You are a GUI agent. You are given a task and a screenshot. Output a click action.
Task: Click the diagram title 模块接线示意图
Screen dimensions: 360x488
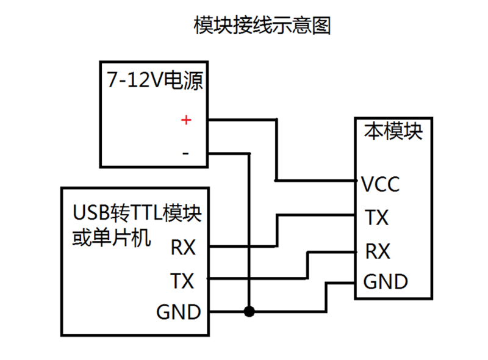[x=262, y=26]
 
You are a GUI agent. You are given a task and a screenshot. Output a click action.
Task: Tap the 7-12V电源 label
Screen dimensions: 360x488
[x=154, y=81]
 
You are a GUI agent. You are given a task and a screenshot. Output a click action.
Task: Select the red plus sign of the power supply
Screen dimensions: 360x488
[x=186, y=120]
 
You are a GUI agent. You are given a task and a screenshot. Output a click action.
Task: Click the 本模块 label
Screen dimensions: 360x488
[x=393, y=131]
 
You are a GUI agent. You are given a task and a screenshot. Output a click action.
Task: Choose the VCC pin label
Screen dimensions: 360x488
[x=381, y=184]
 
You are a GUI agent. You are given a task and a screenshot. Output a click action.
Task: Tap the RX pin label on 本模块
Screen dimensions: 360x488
[x=378, y=251]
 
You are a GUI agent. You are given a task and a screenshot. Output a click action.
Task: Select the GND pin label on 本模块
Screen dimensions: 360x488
[x=386, y=282]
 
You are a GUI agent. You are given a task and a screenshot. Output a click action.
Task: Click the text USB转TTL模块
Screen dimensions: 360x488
[x=137, y=214]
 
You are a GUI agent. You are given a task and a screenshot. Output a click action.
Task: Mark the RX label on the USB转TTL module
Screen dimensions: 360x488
[x=183, y=248]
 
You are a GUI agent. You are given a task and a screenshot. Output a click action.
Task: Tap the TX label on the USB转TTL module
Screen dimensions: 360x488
[x=182, y=281]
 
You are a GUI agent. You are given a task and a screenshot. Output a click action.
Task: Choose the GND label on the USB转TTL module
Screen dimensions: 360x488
[x=178, y=312]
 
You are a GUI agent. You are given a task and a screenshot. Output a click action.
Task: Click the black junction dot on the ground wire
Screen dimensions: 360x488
[x=249, y=312]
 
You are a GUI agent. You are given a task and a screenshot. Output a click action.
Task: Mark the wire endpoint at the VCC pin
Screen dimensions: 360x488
[x=356, y=181]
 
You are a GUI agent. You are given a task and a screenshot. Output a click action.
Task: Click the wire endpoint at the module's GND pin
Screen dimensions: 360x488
[x=356, y=283]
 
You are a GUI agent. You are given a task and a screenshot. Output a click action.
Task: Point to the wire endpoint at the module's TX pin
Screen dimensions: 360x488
[x=356, y=215]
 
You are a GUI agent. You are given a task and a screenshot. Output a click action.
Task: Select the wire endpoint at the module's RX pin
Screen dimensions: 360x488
[x=356, y=251]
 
